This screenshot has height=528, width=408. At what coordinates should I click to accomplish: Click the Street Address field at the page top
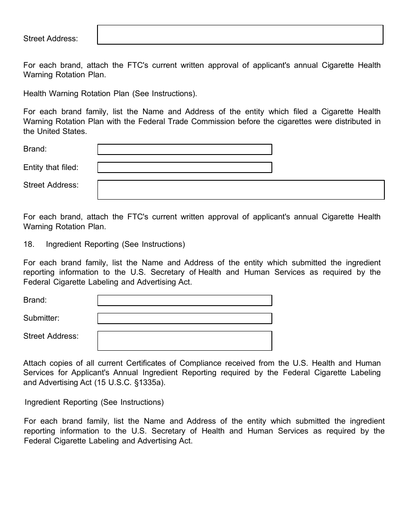(240, 35)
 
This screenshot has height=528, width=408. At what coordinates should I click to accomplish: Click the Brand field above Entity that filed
(185, 149)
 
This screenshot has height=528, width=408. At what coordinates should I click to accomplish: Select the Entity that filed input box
(185, 167)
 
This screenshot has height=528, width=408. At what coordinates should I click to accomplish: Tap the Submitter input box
(185, 319)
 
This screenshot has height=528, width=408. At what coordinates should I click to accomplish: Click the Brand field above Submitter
(185, 300)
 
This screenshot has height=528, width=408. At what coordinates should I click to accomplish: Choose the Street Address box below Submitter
(185, 341)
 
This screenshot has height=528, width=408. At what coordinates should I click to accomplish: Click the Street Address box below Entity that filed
(241, 190)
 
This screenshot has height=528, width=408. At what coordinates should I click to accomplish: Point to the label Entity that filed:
(51, 167)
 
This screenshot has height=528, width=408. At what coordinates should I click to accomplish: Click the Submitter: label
(41, 318)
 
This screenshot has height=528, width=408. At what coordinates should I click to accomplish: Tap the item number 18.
(28, 244)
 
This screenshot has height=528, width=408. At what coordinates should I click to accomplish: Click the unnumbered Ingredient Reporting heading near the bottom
(94, 402)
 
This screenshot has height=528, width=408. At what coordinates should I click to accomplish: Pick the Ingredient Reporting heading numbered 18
(115, 244)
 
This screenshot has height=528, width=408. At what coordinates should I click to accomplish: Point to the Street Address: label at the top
(51, 39)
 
